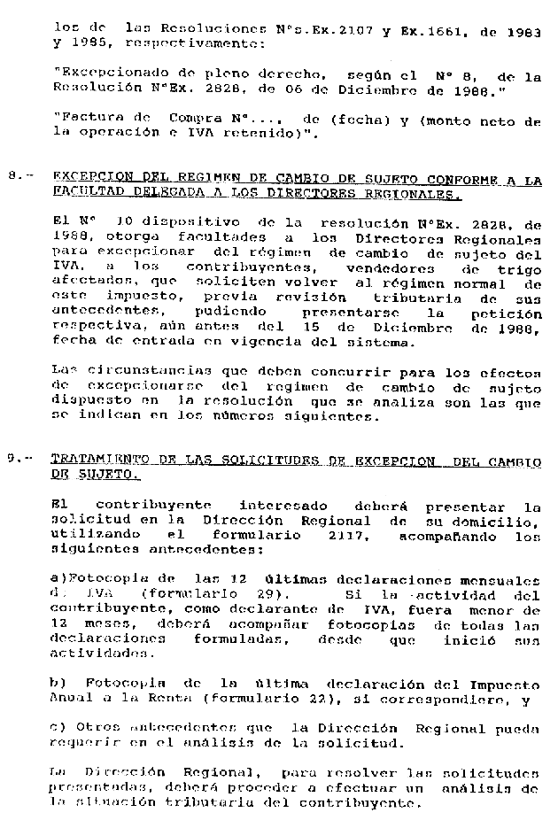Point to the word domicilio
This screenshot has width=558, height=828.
click(x=503, y=521)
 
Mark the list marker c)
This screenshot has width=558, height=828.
click(x=58, y=726)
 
